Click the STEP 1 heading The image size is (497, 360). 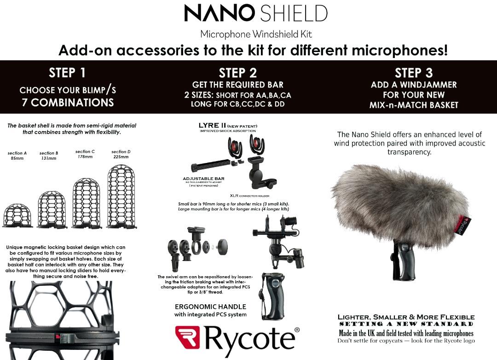tap(67, 73)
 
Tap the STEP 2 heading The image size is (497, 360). tap(237, 73)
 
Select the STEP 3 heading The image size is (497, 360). tap(414, 73)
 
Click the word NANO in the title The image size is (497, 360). tap(219, 13)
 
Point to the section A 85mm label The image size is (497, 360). tap(17, 156)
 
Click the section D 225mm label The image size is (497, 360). tap(121, 154)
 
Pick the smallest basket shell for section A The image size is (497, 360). tap(17, 215)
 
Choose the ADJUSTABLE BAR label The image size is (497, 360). tap(203, 179)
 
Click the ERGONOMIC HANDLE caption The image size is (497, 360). tap(210, 307)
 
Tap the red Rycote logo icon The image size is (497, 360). tap(187, 337)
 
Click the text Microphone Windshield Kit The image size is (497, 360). tap(256, 34)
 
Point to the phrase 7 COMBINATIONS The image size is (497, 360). tap(68, 102)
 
